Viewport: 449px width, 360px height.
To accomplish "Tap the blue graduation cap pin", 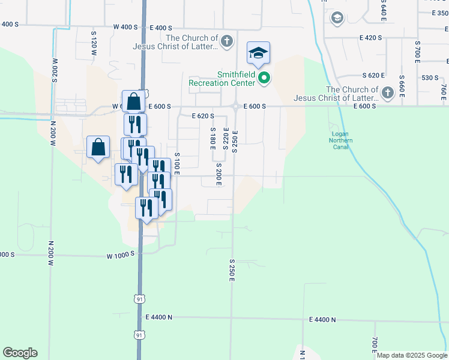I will [258, 53].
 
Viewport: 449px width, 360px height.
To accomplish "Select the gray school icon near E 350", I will [337, 18].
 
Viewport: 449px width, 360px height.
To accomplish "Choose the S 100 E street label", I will [178, 163].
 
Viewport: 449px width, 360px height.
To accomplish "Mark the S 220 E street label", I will [226, 139].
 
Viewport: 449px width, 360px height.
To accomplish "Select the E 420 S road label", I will [371, 38].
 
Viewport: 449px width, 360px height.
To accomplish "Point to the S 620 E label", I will [373, 75].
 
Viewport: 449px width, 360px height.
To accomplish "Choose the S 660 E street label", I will [402, 87].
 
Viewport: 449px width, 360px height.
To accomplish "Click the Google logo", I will [20, 353].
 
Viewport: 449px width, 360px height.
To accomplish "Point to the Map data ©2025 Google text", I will [411, 355].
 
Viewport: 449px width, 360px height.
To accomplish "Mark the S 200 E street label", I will [219, 174].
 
